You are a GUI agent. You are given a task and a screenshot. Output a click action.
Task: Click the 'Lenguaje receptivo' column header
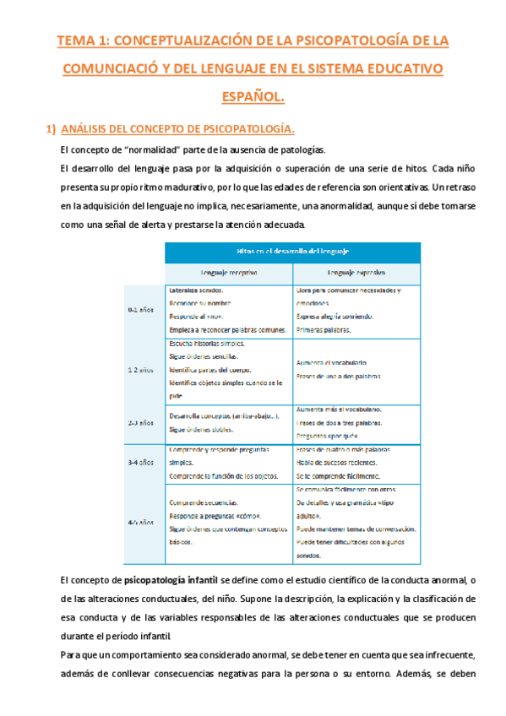227,273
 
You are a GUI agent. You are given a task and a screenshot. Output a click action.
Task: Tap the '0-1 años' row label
139,310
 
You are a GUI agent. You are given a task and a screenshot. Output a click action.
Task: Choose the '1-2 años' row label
139,370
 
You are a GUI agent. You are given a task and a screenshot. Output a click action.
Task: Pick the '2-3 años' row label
139,421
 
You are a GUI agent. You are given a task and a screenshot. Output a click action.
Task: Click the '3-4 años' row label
139,463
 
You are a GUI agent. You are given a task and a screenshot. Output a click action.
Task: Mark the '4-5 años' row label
139,523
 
